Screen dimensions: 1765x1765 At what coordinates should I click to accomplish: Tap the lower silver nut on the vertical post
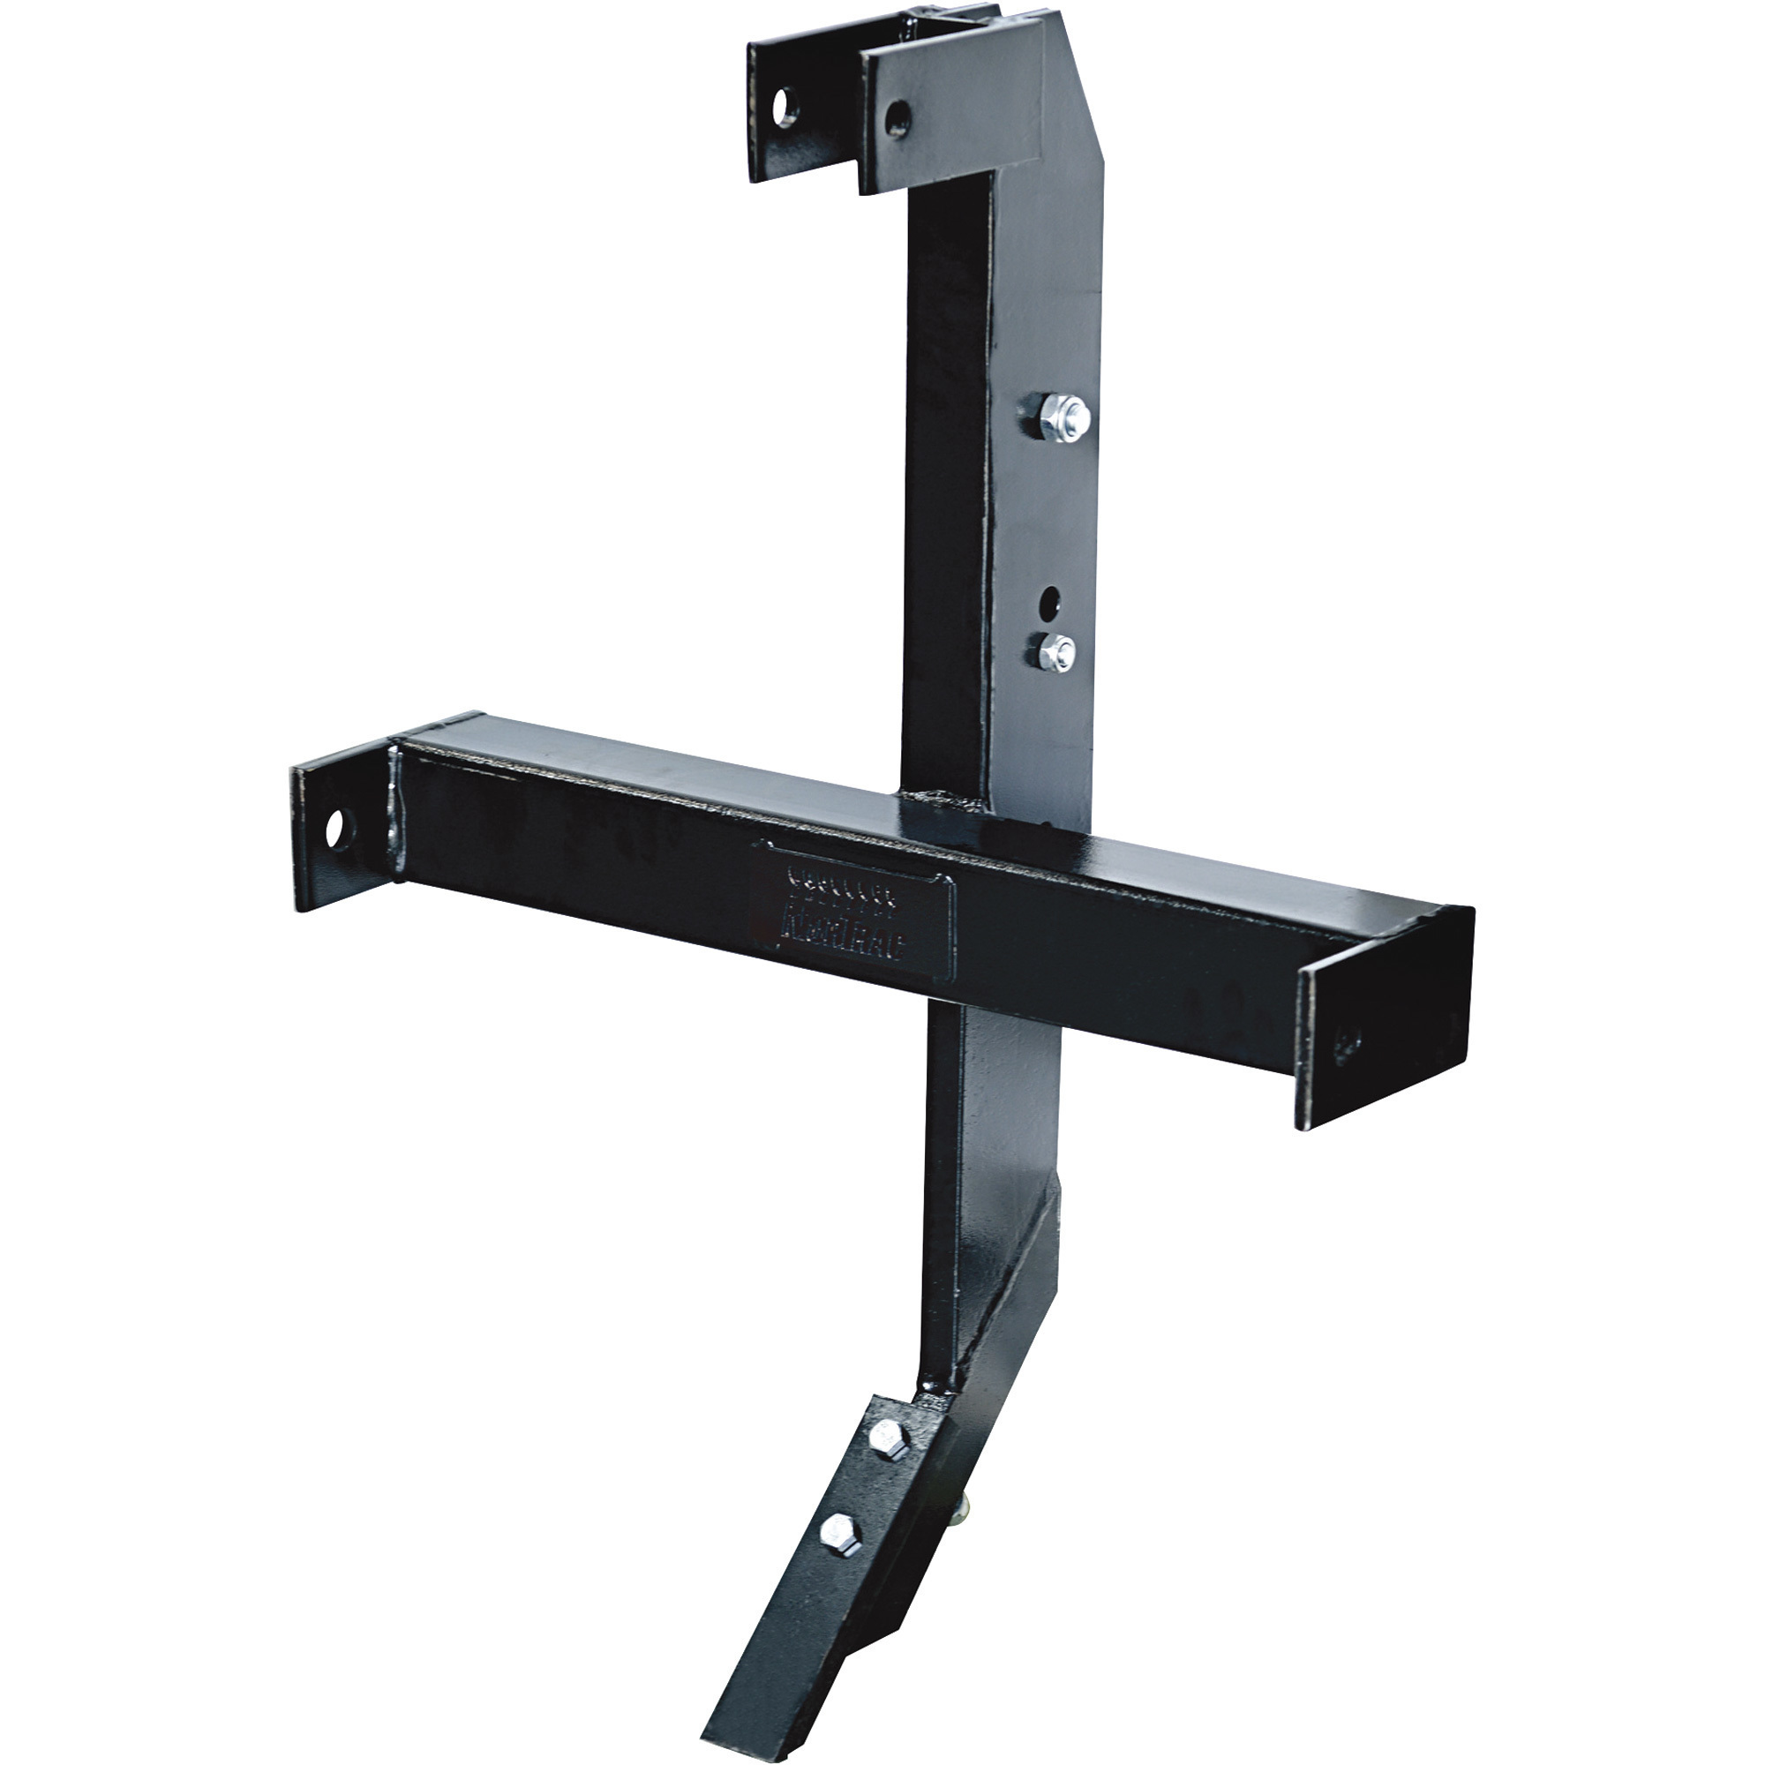[x=1056, y=652]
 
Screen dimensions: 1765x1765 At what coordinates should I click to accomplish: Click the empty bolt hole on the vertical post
[x=1049, y=599]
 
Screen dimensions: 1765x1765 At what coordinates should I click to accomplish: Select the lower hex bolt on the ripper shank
[x=838, y=1532]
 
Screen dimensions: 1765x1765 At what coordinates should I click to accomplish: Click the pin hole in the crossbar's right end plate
[x=1348, y=1042]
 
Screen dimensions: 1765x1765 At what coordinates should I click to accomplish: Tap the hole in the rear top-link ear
[x=784, y=107]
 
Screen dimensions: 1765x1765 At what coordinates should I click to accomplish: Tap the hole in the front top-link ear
[x=898, y=118]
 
